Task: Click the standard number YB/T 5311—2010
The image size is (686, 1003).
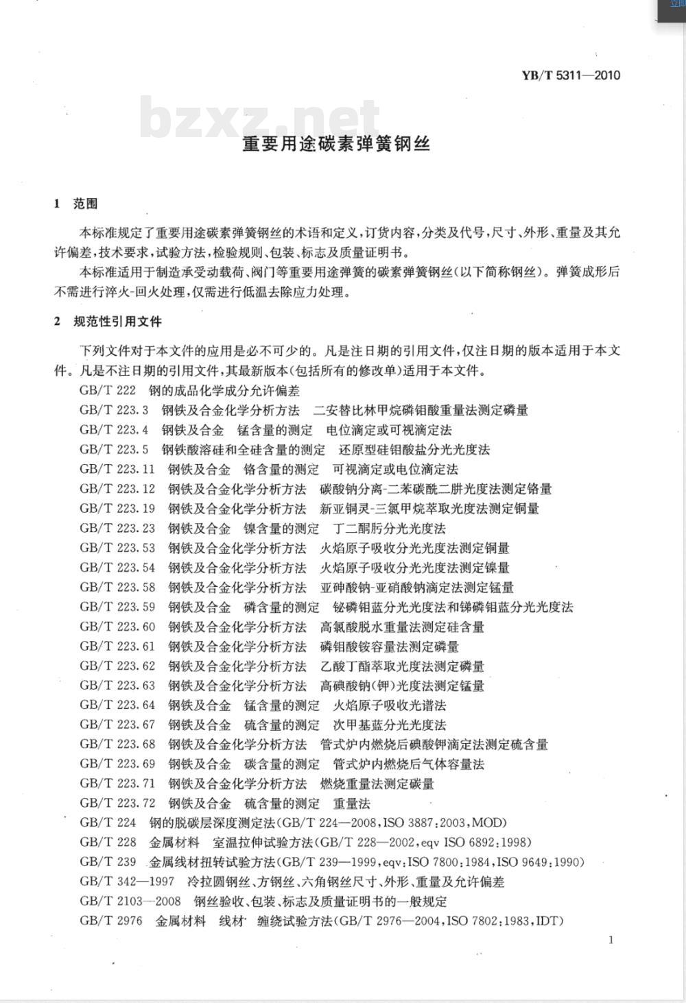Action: [571, 75]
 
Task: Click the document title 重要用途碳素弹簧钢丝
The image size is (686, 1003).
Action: [336, 144]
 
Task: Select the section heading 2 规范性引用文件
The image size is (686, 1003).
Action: [108, 322]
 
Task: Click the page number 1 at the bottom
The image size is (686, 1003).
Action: [611, 940]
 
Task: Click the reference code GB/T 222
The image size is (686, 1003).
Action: [108, 391]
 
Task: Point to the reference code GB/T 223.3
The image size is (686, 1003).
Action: [114, 411]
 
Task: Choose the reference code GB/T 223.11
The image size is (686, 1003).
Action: [117, 470]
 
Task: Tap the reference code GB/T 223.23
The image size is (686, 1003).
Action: [117, 529]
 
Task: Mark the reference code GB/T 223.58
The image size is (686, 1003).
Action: [117, 588]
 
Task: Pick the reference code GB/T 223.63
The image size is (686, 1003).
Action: [117, 686]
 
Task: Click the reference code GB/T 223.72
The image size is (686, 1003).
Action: [117, 803]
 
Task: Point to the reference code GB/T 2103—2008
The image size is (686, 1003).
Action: [130, 901]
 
